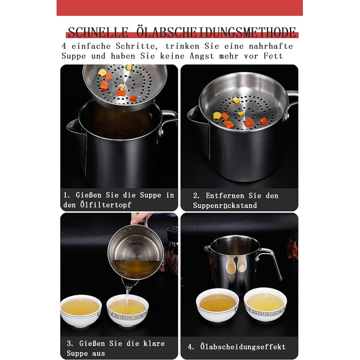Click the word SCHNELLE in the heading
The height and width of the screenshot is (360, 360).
(98, 32)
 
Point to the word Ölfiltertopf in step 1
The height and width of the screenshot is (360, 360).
(105, 204)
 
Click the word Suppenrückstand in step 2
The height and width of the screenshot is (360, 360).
(225, 205)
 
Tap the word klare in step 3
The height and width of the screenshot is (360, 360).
(154, 344)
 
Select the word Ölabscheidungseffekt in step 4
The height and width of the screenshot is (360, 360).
(243, 347)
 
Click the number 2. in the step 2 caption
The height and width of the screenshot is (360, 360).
(196, 195)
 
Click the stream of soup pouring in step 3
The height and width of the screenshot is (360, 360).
(127, 296)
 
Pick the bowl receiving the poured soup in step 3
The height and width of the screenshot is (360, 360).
(128, 311)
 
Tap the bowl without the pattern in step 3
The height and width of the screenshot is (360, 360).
(81, 311)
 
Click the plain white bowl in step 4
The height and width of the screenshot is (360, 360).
(218, 305)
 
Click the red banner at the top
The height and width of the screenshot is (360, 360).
(179, 8)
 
